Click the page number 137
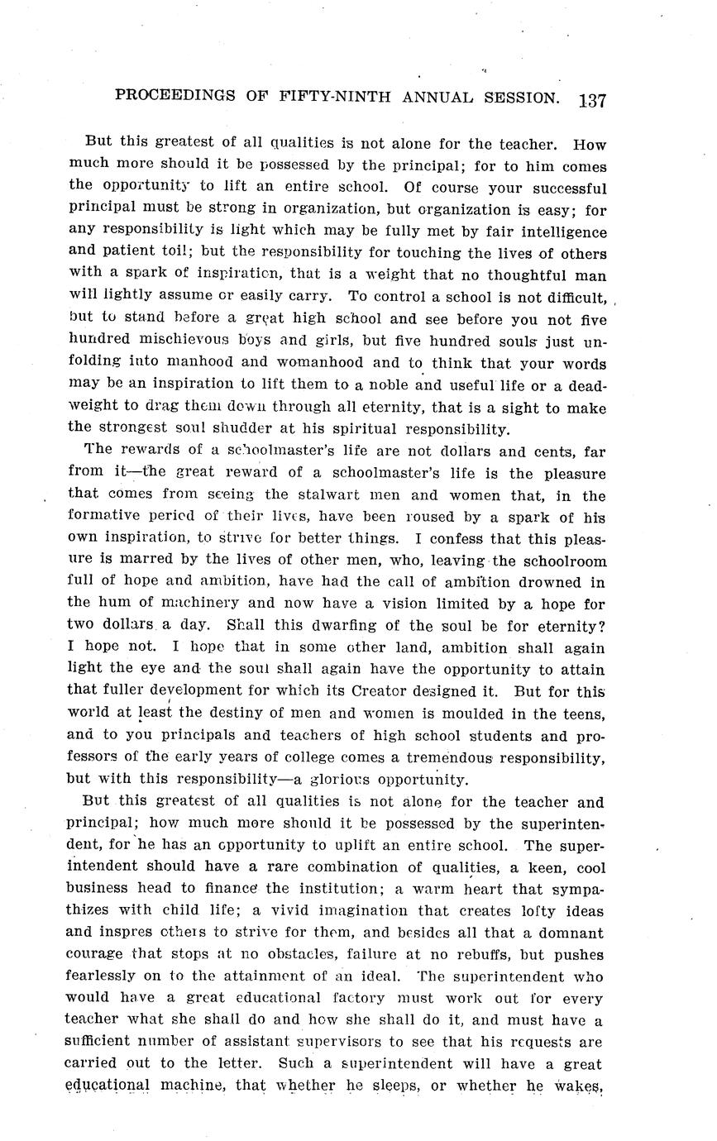(x=593, y=101)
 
